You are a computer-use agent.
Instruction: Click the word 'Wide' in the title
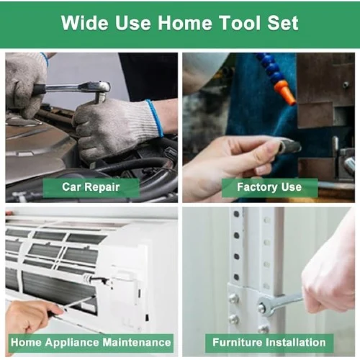(84, 22)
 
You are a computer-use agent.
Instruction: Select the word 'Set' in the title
(283, 22)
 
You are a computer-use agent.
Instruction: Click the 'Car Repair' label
(91, 187)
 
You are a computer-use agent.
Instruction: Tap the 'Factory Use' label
(269, 187)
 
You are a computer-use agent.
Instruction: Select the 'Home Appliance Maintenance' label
(91, 342)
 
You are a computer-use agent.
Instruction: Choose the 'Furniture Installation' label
(269, 342)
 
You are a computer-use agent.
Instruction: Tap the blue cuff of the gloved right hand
(156, 117)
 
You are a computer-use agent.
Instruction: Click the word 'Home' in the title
(185, 22)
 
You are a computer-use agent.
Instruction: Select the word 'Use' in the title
(133, 22)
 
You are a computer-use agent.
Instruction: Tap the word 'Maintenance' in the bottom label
(136, 342)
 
